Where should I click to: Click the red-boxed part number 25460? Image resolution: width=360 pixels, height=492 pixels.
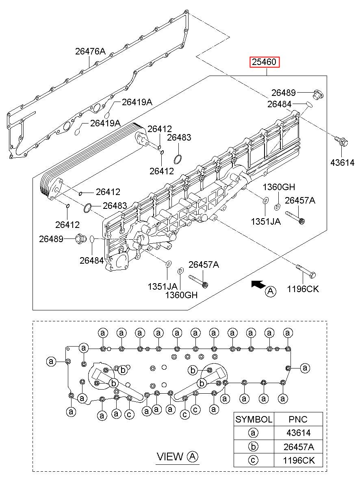pyautogui.click(x=265, y=62)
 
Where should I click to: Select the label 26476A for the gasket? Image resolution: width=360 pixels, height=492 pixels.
pyautogui.click(x=90, y=52)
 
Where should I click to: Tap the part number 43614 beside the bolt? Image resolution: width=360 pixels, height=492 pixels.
pyautogui.click(x=342, y=163)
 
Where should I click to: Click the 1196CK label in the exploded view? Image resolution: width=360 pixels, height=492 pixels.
pyautogui.click(x=303, y=289)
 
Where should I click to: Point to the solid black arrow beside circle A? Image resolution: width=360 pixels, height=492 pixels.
pyautogui.click(x=259, y=284)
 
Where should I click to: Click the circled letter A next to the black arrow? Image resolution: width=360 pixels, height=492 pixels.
pyautogui.click(x=271, y=291)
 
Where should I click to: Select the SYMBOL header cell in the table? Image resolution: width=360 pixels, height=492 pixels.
pyautogui.click(x=254, y=419)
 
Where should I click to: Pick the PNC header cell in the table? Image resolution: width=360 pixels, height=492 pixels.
pyautogui.click(x=298, y=419)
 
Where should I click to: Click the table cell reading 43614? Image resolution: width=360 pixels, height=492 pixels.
pyautogui.click(x=298, y=433)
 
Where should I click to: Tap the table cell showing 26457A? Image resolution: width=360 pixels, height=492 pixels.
pyautogui.click(x=298, y=446)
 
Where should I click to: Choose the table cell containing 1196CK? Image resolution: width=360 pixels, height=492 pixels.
pyautogui.click(x=298, y=460)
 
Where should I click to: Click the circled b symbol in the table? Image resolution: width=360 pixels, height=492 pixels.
pyautogui.click(x=253, y=446)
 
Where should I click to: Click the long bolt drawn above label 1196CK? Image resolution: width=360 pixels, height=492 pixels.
pyautogui.click(x=306, y=271)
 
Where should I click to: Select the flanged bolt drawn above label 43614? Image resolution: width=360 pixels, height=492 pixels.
pyautogui.click(x=341, y=141)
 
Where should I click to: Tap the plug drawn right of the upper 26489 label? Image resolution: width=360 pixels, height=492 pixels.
pyautogui.click(x=318, y=94)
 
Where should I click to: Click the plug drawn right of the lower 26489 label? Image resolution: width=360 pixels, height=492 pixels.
pyautogui.click(x=80, y=239)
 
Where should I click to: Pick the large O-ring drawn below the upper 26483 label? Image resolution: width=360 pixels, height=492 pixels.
pyautogui.click(x=178, y=159)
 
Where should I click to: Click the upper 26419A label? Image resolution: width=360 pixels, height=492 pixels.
pyautogui.click(x=137, y=102)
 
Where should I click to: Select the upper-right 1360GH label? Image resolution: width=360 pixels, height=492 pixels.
pyautogui.click(x=279, y=187)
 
